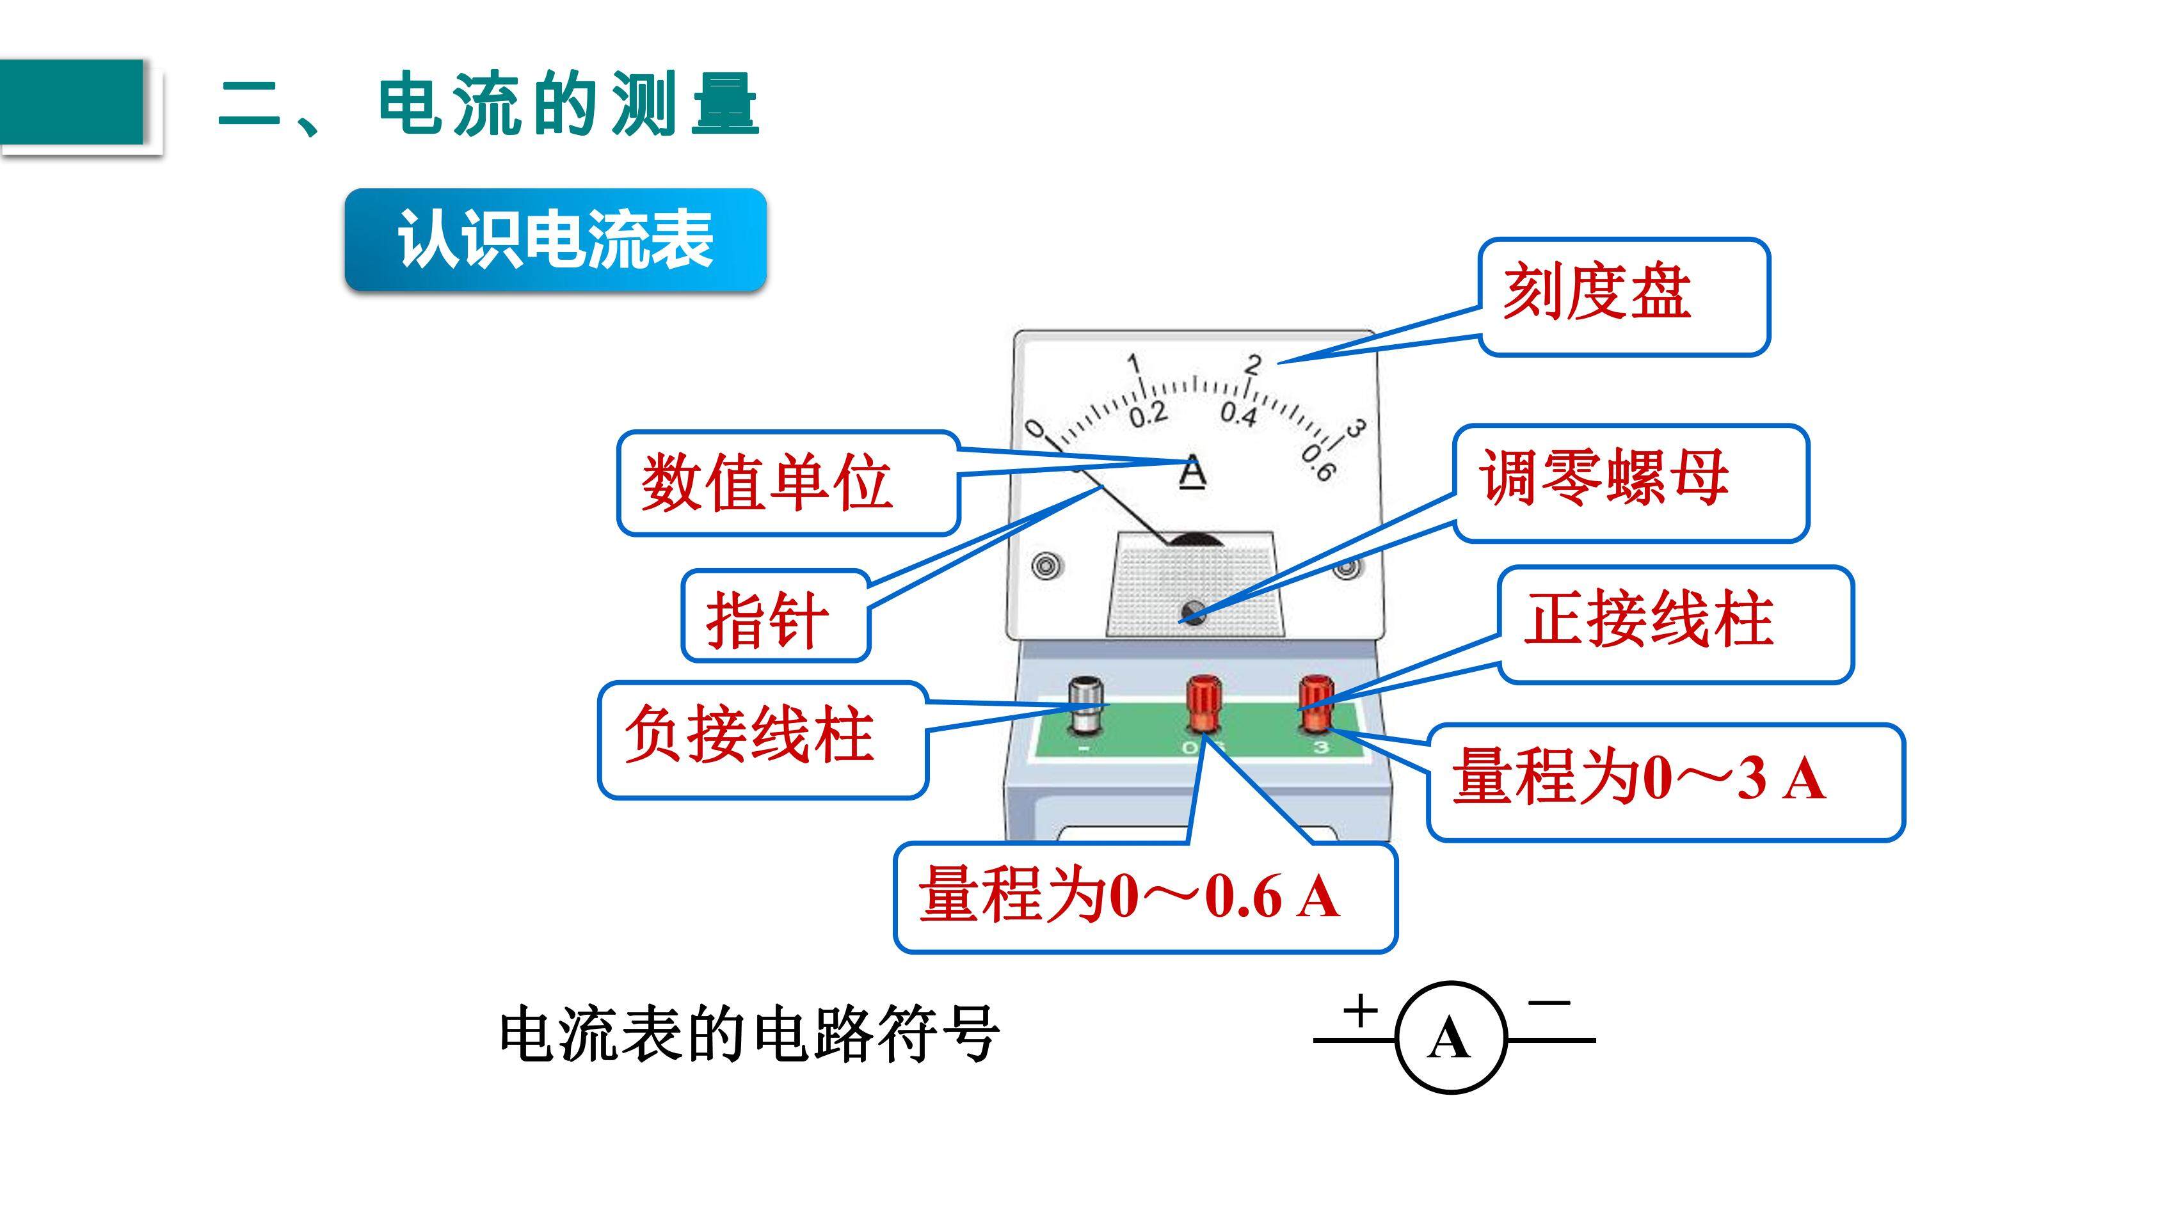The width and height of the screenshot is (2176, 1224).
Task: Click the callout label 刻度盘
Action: [1624, 296]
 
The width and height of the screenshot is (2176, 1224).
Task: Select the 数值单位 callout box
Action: [788, 483]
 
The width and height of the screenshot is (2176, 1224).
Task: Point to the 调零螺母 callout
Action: [1630, 483]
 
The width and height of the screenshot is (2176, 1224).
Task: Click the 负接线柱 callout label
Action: [763, 740]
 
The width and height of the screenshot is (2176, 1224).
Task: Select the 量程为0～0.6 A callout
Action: [1144, 897]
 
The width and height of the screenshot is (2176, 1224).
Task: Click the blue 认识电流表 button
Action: [555, 240]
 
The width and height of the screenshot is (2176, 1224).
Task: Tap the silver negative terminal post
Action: [1085, 706]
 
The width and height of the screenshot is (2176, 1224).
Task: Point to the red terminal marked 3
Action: [1315, 703]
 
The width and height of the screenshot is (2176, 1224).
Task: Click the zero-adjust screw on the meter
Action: [1194, 611]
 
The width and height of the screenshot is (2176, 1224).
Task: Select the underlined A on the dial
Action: [1192, 472]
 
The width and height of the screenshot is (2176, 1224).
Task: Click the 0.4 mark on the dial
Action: [1238, 414]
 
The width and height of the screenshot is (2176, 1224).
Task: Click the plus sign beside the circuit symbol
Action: [1360, 1010]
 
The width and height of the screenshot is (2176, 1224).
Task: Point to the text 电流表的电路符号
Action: [749, 1034]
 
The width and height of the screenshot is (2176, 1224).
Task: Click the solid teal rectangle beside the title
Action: [72, 102]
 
